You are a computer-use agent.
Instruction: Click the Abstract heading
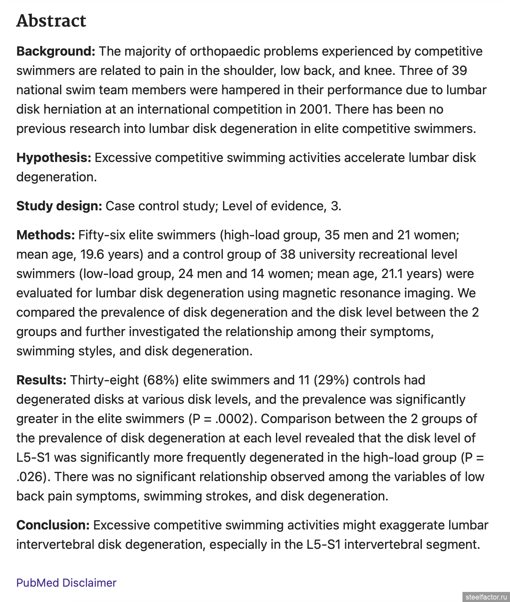51,21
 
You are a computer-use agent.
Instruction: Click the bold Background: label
56,52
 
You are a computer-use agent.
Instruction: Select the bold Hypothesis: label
54,158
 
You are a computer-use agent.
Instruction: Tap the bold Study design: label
59,206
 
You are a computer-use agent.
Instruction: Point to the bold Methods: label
46,235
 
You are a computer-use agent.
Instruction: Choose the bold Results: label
41,380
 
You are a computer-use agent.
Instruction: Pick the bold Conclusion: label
53,525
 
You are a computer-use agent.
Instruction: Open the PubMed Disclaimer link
66,583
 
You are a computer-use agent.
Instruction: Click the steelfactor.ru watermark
486,597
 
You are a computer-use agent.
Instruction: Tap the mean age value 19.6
92,254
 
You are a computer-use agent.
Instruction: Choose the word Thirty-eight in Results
104,380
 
